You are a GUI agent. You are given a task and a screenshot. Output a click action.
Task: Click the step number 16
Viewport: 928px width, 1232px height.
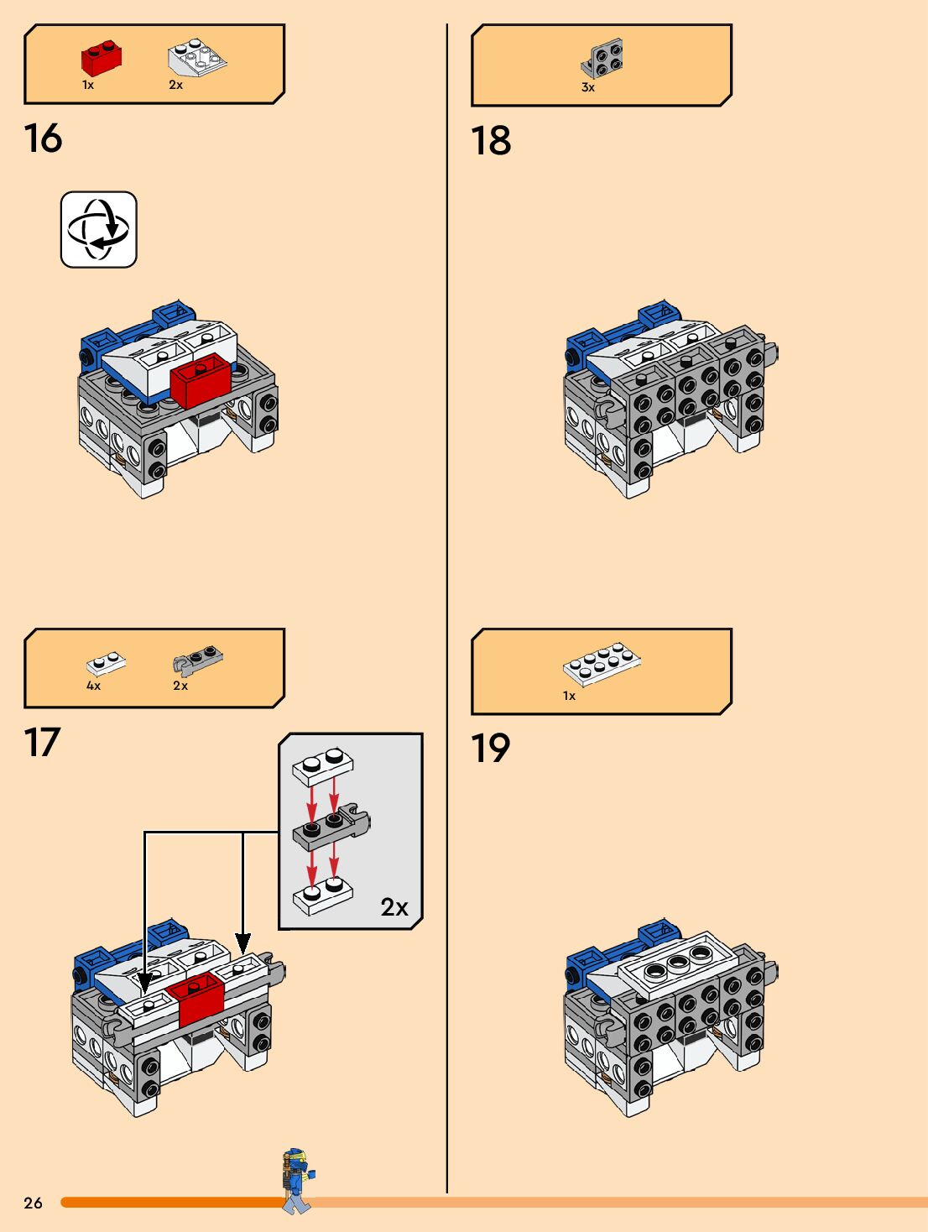pyautogui.click(x=43, y=138)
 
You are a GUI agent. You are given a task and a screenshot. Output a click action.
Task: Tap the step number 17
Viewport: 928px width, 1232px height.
pyautogui.click(x=42, y=743)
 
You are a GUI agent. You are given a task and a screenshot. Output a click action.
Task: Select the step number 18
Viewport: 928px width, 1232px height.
pyautogui.click(x=491, y=140)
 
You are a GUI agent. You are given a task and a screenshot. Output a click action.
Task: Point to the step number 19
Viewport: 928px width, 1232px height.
pyautogui.click(x=490, y=749)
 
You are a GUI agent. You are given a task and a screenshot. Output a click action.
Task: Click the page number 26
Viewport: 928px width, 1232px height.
pyautogui.click(x=33, y=1203)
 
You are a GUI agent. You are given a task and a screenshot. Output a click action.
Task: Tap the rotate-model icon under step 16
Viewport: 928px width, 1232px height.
pyautogui.click(x=99, y=230)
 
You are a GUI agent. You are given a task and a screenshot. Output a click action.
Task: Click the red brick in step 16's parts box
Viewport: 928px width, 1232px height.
pyautogui.click(x=102, y=58)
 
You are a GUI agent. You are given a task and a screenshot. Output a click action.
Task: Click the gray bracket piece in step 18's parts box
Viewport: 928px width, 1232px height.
pyautogui.click(x=602, y=59)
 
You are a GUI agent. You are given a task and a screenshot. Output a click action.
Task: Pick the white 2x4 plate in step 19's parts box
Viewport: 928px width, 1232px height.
pyautogui.click(x=602, y=665)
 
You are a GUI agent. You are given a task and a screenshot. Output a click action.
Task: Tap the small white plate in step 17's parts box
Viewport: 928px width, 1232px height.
pyautogui.click(x=106, y=664)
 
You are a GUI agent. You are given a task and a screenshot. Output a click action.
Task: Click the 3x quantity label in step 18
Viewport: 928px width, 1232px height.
pyautogui.click(x=588, y=87)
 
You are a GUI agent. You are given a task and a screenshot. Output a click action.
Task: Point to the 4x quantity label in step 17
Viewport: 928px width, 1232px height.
pyautogui.click(x=94, y=686)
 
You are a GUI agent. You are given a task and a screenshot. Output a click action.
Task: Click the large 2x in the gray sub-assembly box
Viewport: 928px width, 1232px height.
pyautogui.click(x=394, y=907)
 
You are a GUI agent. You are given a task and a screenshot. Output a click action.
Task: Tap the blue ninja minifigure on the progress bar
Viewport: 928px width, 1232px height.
pyautogui.click(x=297, y=1180)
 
